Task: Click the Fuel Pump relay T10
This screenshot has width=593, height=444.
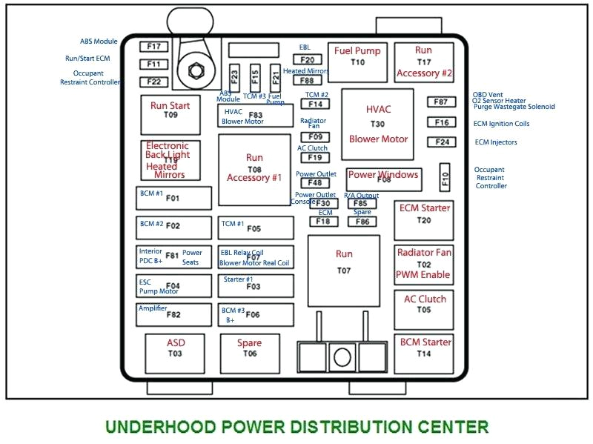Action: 357,62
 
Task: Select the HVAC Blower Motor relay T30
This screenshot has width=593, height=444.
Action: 378,125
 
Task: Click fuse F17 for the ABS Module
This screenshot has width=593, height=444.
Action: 154,47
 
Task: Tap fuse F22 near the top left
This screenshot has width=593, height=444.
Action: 154,82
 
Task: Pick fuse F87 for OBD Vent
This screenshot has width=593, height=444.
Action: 441,102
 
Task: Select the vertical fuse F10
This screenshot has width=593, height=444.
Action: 445,178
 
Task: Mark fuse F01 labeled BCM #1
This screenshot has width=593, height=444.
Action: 175,198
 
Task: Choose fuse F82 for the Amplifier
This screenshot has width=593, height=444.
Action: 175,314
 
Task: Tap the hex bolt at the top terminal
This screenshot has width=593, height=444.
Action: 197,71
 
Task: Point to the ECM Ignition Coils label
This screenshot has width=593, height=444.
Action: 502,124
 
